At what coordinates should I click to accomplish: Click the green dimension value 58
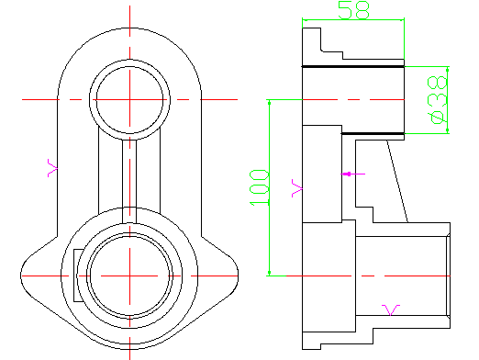point(354,10)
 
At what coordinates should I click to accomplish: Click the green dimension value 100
point(259,187)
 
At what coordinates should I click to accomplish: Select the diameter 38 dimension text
point(438,100)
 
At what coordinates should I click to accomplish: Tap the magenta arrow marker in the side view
point(352,174)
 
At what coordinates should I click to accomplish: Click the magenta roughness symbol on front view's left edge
point(52,168)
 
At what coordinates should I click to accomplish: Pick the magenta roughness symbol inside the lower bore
point(391,309)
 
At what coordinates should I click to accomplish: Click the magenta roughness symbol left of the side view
point(297,188)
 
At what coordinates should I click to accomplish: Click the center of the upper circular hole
point(129,100)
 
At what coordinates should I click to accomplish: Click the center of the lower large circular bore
point(129,276)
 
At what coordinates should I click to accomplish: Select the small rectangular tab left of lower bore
point(77,276)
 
